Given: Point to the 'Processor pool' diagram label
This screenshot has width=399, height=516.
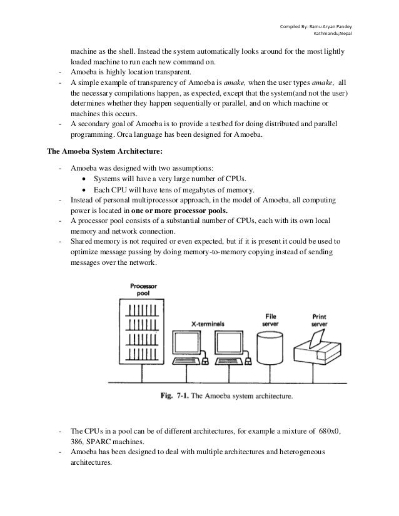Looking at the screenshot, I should [143, 290].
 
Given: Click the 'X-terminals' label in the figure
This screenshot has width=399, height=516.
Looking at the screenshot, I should [208, 324].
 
